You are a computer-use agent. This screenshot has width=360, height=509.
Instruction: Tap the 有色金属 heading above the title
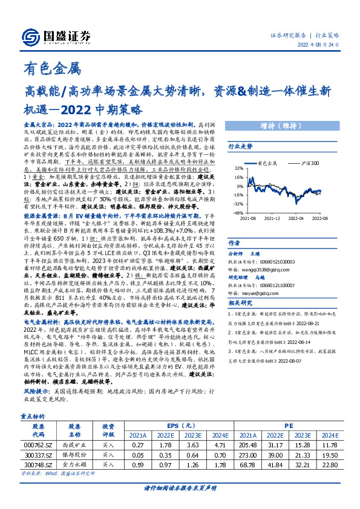51,69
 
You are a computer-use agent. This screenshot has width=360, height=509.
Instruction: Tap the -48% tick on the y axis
239,213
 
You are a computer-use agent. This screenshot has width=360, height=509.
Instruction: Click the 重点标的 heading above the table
32,399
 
